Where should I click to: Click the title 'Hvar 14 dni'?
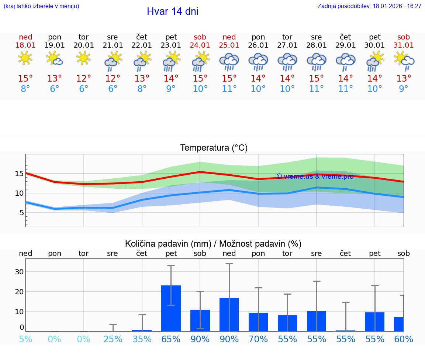(x=172, y=11)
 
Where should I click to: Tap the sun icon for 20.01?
(x=84, y=58)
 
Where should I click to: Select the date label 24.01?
(x=200, y=45)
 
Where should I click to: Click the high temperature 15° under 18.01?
(x=25, y=79)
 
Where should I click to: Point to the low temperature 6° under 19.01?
(x=55, y=89)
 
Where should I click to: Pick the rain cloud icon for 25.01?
(x=229, y=61)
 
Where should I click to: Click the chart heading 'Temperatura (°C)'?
(x=214, y=148)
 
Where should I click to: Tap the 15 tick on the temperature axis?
(x=19, y=174)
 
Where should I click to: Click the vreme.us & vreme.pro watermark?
(x=315, y=176)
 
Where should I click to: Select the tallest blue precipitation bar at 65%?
(x=171, y=308)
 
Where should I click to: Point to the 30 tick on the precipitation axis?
(x=19, y=272)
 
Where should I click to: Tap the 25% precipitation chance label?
(x=113, y=339)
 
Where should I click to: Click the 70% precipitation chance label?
(x=258, y=339)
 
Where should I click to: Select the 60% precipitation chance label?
(x=403, y=339)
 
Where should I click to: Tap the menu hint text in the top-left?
(x=41, y=6)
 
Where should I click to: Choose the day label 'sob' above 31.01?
(x=403, y=37)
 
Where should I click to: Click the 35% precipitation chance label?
(x=142, y=339)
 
